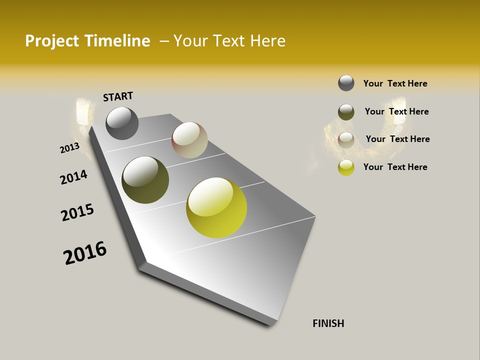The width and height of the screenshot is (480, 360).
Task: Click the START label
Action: [x=118, y=96]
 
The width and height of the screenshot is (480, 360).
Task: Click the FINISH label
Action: [x=328, y=323]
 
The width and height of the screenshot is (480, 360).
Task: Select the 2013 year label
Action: [x=69, y=148]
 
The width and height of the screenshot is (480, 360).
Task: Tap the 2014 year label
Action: [x=73, y=177]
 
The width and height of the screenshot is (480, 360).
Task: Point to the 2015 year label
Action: [x=77, y=212]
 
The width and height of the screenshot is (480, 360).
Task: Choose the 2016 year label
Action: [x=85, y=253]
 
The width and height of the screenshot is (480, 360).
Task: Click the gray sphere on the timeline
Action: [x=122, y=123]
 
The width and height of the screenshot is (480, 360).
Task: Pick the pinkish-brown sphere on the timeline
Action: [x=189, y=140]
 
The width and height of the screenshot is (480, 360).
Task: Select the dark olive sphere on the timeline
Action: [x=145, y=180]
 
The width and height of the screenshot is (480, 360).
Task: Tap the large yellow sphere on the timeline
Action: [x=216, y=207]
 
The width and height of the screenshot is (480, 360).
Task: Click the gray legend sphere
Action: [x=346, y=83]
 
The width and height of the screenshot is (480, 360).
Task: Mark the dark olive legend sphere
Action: [x=346, y=112]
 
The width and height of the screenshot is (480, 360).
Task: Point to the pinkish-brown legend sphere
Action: [x=346, y=140]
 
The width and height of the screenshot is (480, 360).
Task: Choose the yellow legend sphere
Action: [x=346, y=167]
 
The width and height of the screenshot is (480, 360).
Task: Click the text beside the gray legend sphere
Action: [x=395, y=83]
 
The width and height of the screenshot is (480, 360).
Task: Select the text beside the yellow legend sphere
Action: [x=395, y=167]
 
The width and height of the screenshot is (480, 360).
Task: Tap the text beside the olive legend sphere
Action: [x=396, y=111]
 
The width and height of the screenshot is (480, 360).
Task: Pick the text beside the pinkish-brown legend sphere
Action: [x=397, y=139]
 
